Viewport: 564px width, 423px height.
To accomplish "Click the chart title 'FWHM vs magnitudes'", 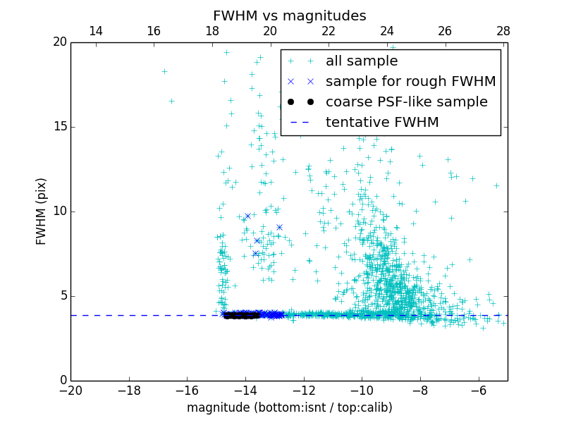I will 289,16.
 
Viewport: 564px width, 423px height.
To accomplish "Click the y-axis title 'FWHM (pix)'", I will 42,211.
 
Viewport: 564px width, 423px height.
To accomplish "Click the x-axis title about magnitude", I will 289,407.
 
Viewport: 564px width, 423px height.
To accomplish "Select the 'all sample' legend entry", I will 362,61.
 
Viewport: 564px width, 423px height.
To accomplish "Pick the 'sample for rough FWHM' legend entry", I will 410,82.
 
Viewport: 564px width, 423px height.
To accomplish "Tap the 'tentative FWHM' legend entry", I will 382,122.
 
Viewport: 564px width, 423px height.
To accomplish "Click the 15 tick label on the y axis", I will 59,127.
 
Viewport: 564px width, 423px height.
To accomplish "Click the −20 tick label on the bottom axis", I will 70,391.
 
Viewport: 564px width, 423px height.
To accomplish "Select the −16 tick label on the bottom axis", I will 187,391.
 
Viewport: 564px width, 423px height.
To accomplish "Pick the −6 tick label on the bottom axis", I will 478,391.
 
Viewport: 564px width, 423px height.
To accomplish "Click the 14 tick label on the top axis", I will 95,31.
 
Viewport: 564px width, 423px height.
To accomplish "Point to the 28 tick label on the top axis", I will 503,31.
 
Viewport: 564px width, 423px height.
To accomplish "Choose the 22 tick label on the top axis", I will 329,31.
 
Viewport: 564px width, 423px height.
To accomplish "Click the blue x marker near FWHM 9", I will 279,227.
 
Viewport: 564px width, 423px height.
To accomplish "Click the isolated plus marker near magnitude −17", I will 164,71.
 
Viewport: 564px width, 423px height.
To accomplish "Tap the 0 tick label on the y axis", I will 62,381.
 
